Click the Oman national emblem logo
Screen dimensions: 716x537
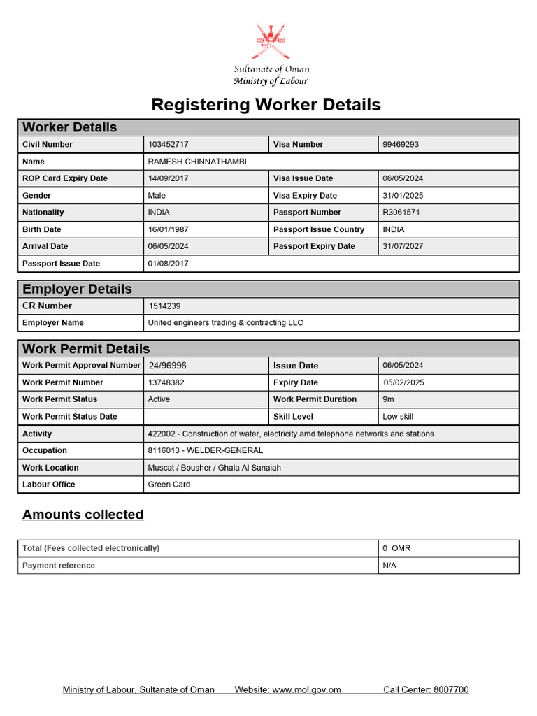tap(271, 42)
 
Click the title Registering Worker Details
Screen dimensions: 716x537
tap(266, 105)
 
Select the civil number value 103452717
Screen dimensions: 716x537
tap(168, 145)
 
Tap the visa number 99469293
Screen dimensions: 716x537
tap(401, 145)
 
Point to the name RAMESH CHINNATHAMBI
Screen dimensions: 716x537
tap(197, 162)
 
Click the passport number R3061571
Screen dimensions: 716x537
tap(401, 213)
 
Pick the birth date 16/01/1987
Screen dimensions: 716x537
tap(168, 229)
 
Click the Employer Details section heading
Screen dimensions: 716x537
tap(77, 289)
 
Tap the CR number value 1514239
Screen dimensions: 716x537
tap(165, 306)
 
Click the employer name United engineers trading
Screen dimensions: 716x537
tap(225, 323)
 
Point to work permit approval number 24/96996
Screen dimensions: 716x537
tap(167, 366)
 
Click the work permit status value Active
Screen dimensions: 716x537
tap(159, 399)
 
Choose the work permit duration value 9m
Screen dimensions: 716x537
tap(388, 399)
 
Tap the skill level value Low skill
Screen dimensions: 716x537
tap(398, 417)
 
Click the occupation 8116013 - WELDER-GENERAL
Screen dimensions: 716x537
tap(205, 451)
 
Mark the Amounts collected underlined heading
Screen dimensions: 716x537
tap(83, 515)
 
